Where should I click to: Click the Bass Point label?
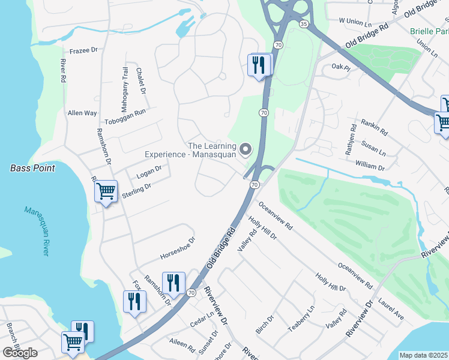(32, 168)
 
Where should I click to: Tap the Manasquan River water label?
(37, 231)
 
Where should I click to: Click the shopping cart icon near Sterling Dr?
(106, 192)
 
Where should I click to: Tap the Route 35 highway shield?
(304, 24)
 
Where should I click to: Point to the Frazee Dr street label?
(83, 51)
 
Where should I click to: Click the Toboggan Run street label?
(125, 116)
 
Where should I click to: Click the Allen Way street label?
(82, 113)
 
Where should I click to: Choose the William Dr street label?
(369, 166)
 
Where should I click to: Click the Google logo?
(20, 353)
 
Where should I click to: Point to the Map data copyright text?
(424, 355)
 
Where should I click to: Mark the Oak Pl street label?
(340, 67)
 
